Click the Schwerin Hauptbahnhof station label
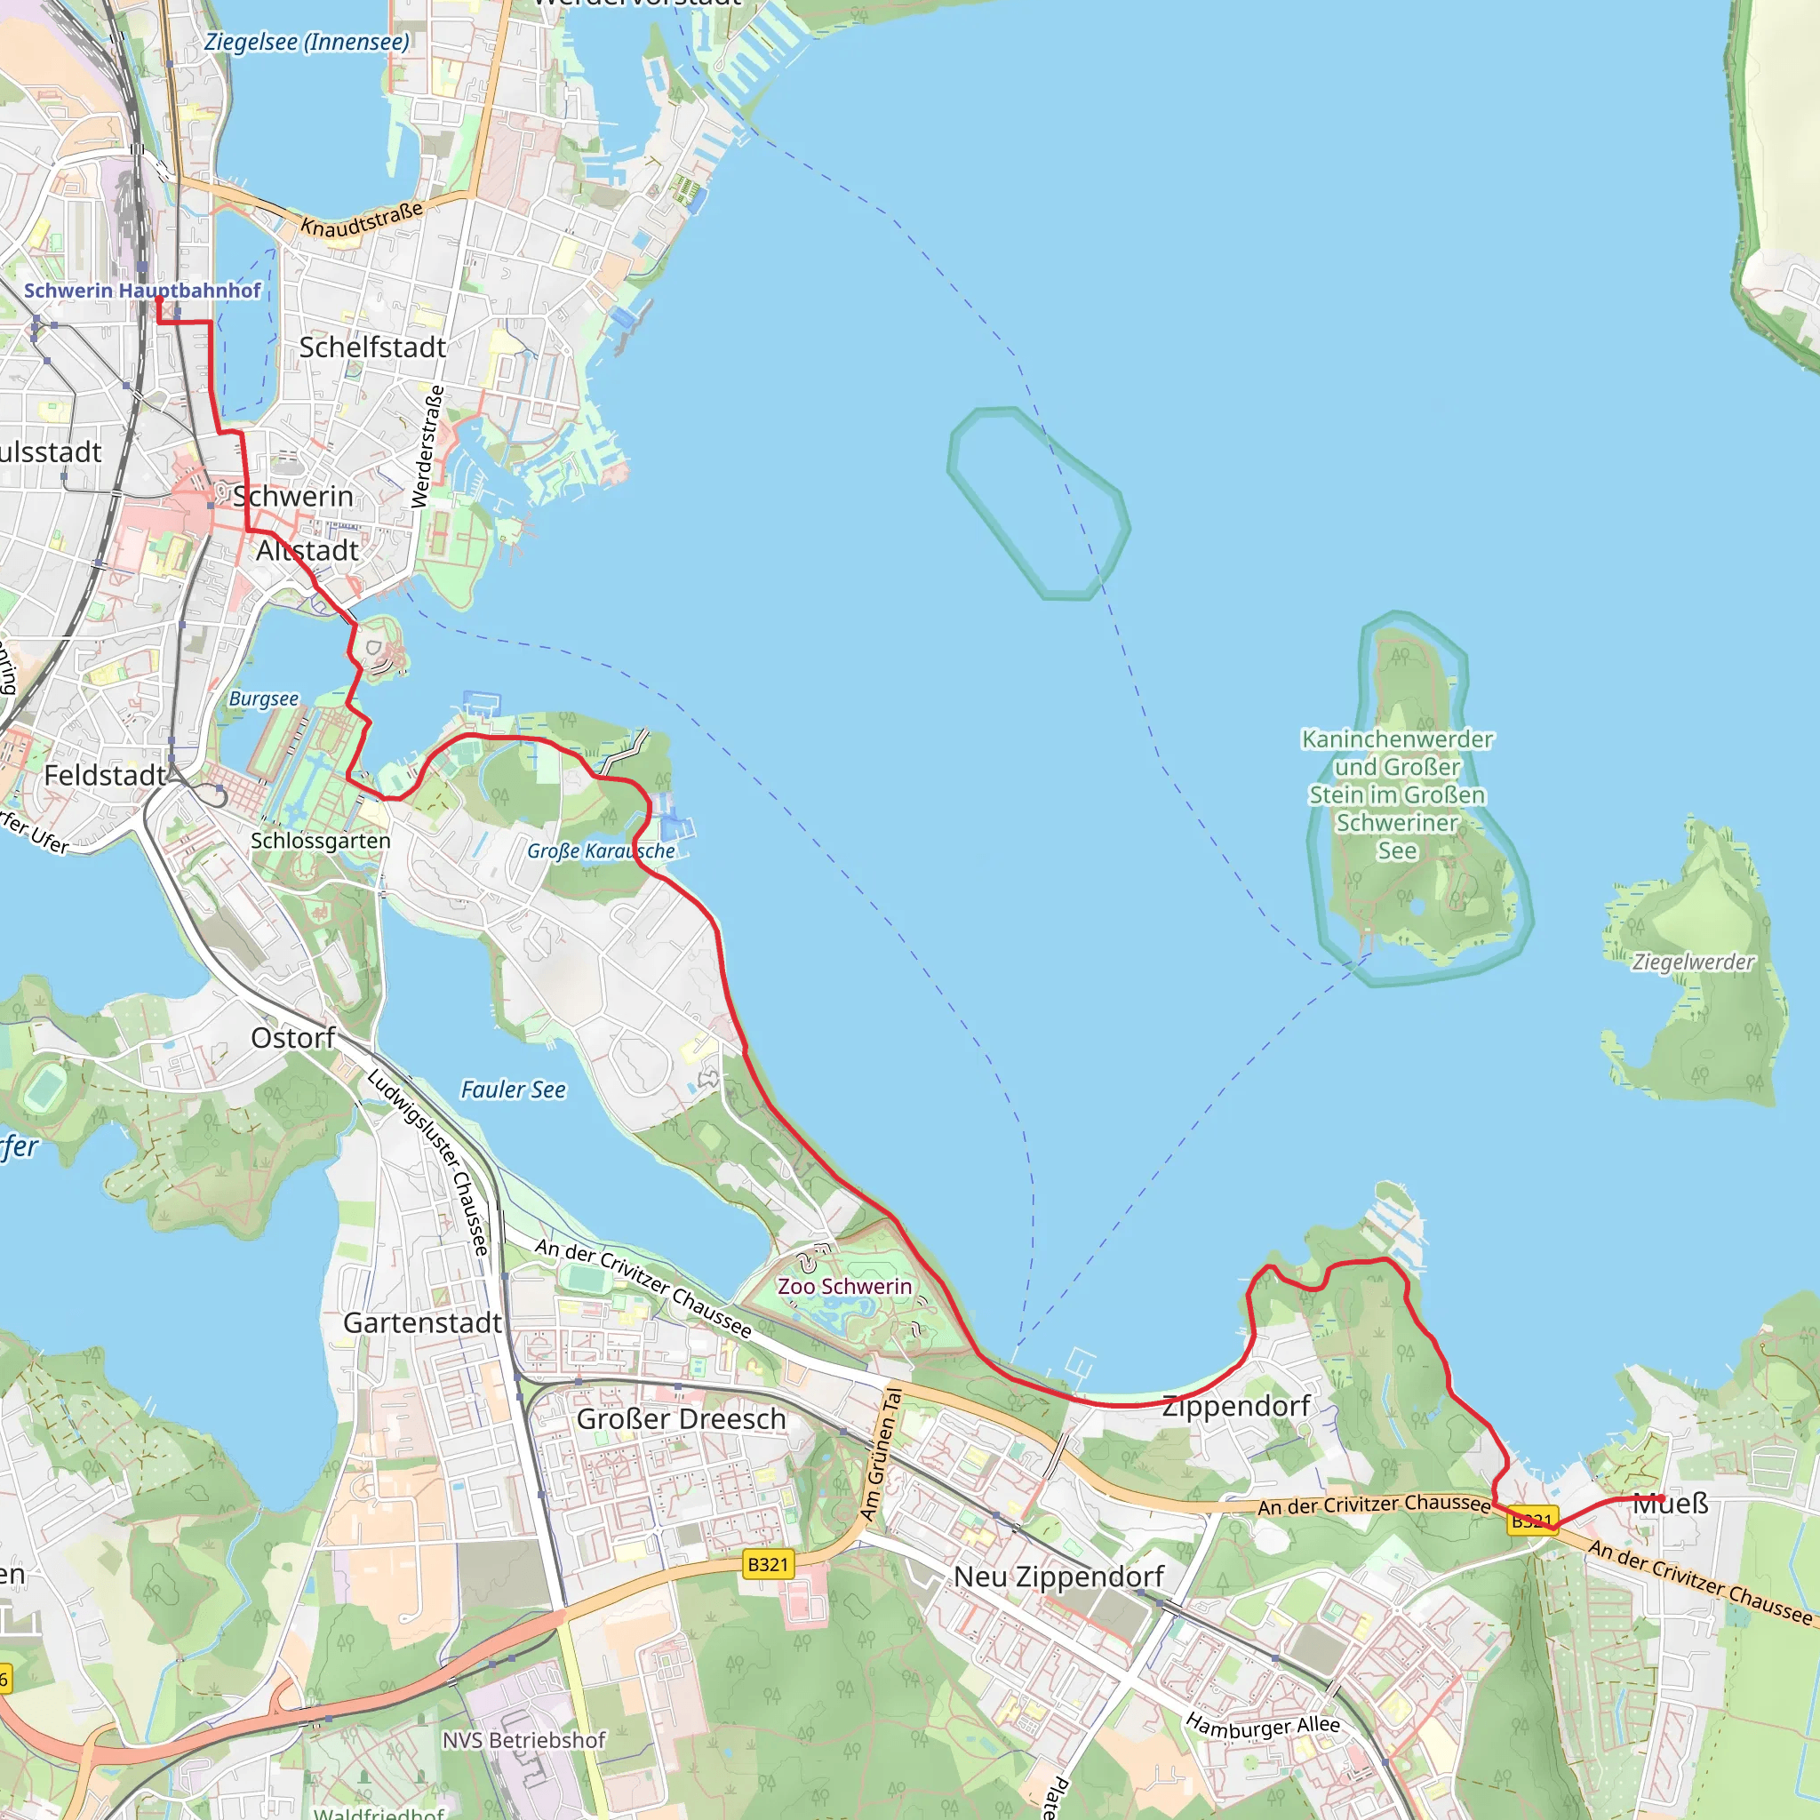tap(142, 290)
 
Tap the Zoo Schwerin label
tap(844, 1286)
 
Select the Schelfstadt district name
tap(372, 347)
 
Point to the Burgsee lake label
tap(264, 699)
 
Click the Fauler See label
tap(513, 1090)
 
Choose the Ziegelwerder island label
tap(1694, 962)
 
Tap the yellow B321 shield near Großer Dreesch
tap(768, 1564)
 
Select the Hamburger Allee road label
tap(1262, 1726)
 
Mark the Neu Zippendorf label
tap(1058, 1577)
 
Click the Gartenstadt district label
tap(422, 1322)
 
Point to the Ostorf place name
tap(293, 1038)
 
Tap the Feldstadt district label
tap(105, 775)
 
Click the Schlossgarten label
tap(320, 841)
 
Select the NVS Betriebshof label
tap(523, 1740)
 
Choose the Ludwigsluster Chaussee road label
tap(428, 1161)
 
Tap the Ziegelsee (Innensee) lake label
tap(307, 43)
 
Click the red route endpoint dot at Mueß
tap(1662, 1497)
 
